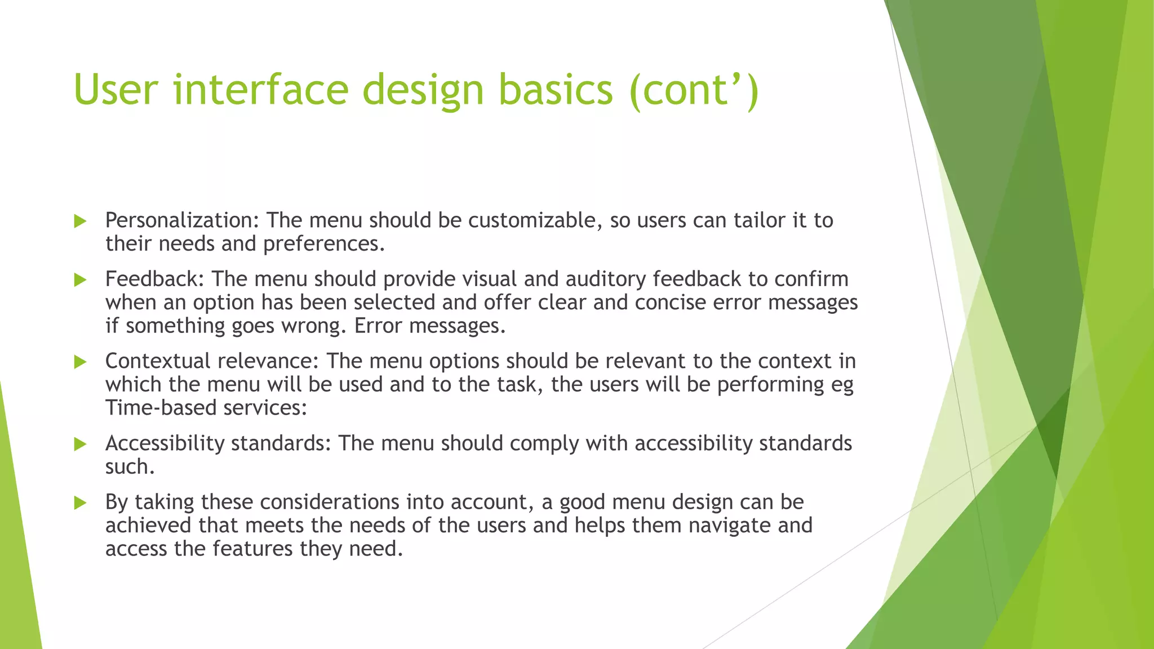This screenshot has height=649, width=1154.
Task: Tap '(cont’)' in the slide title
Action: (694, 90)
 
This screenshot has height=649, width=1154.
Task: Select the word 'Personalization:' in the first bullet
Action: (182, 220)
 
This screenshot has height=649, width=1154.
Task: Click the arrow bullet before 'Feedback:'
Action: (80, 279)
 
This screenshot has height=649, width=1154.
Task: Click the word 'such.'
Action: (130, 467)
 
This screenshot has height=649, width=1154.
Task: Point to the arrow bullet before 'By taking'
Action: (80, 503)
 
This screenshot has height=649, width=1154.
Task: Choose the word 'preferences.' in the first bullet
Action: (324, 244)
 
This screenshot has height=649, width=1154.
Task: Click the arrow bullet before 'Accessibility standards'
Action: (80, 444)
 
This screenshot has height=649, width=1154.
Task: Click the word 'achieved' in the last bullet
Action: (148, 526)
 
